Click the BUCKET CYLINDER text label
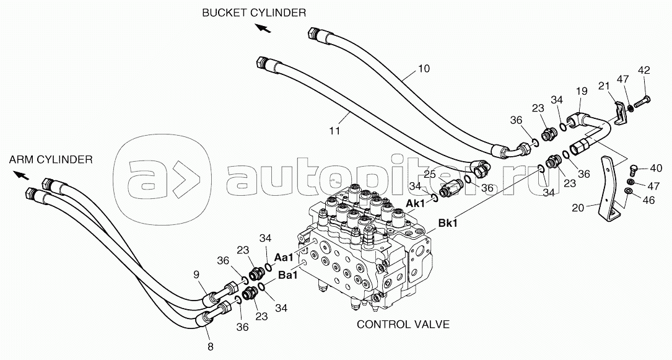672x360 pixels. coord(254,13)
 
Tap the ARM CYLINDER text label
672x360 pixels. coord(51,160)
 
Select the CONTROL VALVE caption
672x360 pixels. coord(403,325)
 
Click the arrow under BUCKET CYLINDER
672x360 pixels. coord(263,28)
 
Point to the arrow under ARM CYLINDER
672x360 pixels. coord(22,175)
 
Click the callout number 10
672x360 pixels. coord(424,69)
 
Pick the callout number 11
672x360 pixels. coord(334,130)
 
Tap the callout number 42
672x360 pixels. coord(644,70)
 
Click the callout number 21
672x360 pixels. coord(604,86)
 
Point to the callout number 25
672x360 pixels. coord(430,175)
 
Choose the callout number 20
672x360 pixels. coord(578,208)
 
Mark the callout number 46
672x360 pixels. coord(649,200)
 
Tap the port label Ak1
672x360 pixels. coord(415,204)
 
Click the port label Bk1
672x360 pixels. coord(448,223)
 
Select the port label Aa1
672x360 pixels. coord(284,258)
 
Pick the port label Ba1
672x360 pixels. coord(288,275)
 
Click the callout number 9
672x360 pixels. coord(196,274)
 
